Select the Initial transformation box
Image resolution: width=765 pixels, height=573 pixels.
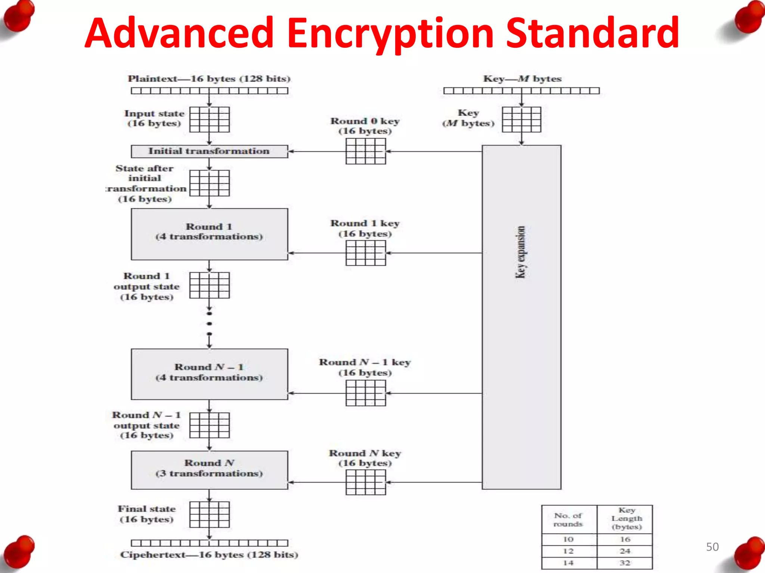[x=209, y=151]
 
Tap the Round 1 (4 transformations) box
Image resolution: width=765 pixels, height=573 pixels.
[x=209, y=234]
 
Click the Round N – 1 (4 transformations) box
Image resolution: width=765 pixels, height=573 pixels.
[x=209, y=374]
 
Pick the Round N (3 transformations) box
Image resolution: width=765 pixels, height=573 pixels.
[x=209, y=470]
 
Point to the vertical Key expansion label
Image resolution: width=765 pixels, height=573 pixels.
[x=521, y=252]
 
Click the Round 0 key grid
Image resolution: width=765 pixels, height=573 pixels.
[x=366, y=151]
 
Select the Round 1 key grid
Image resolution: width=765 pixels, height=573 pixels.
[x=366, y=253]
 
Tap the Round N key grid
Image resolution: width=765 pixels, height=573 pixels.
[x=366, y=482]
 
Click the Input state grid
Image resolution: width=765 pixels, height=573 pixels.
[x=210, y=119]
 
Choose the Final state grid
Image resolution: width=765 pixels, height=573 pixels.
[x=210, y=514]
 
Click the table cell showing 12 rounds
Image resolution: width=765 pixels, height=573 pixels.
[x=569, y=551]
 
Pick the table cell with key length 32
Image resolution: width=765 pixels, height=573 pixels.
[x=625, y=563]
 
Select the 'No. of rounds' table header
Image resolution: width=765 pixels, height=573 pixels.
[x=569, y=520]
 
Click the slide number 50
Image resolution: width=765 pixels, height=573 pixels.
[x=712, y=547]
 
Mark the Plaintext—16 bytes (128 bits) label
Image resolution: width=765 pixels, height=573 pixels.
[x=209, y=79]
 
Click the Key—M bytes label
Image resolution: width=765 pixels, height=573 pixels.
[x=522, y=79]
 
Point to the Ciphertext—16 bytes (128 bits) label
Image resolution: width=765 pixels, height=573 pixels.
[x=209, y=555]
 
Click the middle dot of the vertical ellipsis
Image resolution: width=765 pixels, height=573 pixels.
[x=210, y=323]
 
